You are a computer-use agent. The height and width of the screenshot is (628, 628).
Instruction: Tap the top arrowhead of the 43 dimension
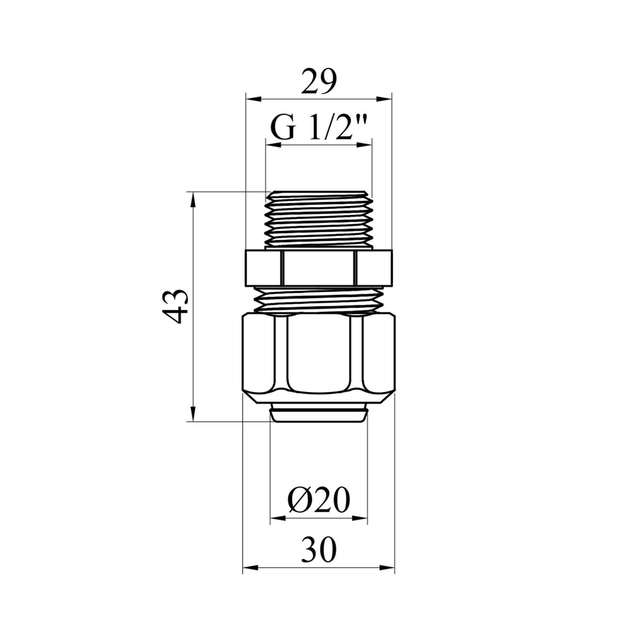pyautogui.click(x=193, y=200)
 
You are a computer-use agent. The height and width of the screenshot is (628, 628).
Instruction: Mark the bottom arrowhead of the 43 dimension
pyautogui.click(x=193, y=413)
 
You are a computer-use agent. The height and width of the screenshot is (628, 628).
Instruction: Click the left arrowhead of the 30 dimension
pyautogui.click(x=251, y=568)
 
